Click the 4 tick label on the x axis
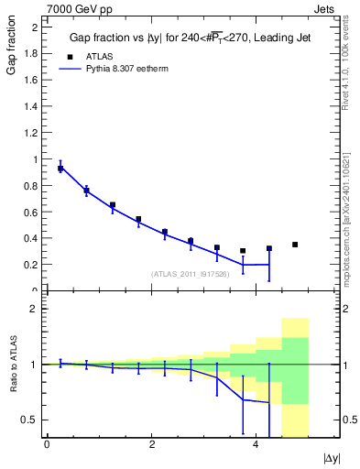coord(255,444)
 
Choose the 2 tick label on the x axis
coord(151,444)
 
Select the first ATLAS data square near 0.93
coord(60,169)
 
